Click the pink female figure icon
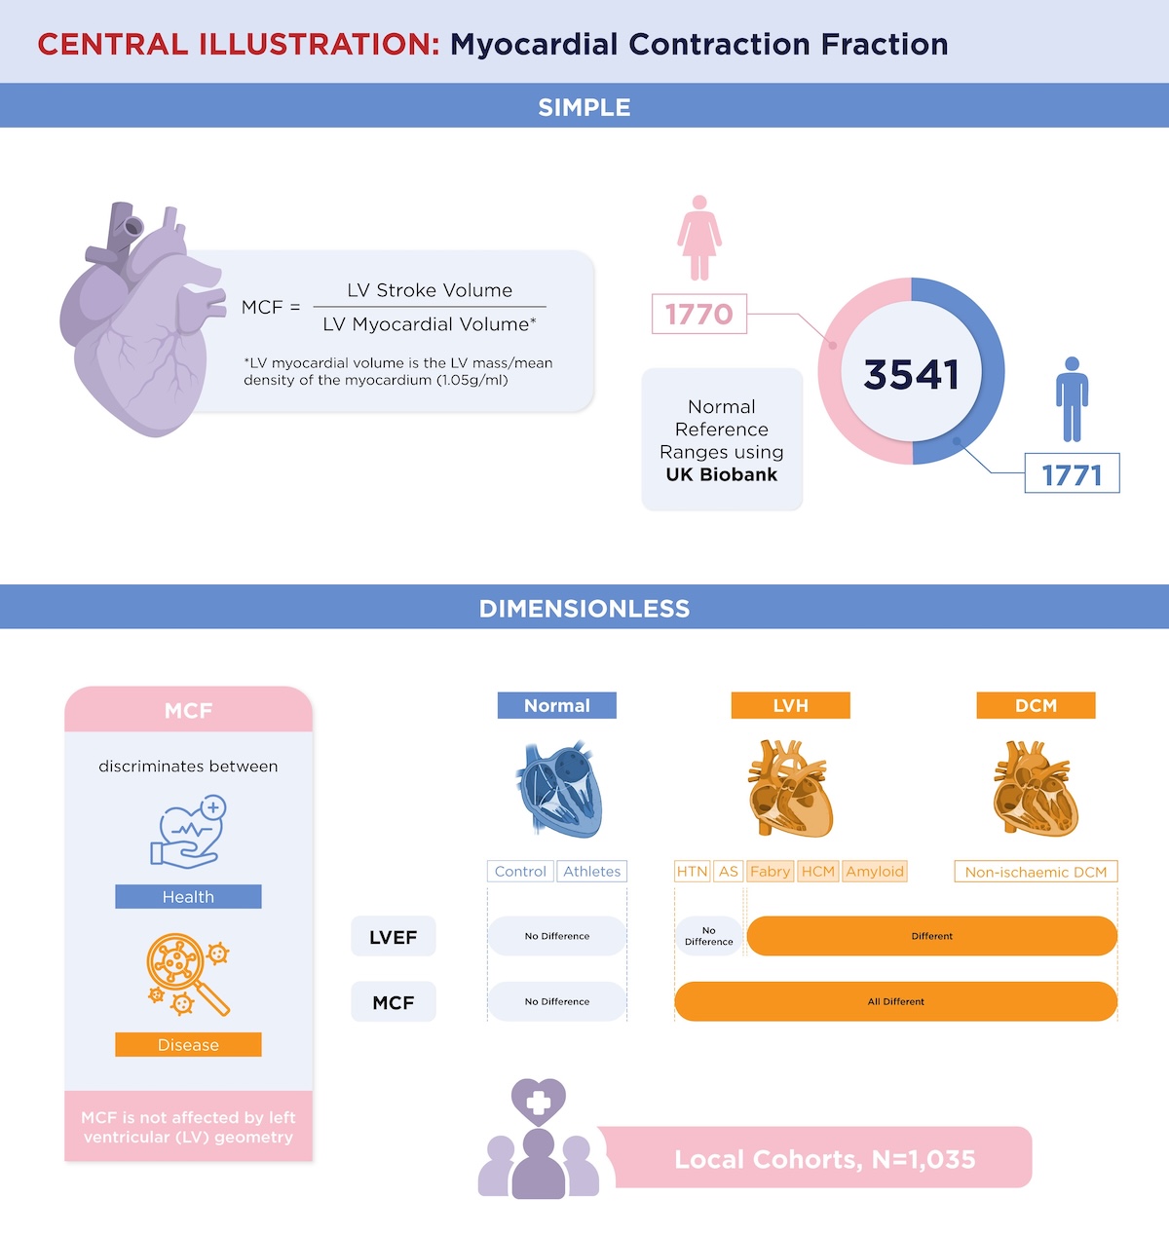pos(698,238)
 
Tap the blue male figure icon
pos(1072,399)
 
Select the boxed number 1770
pos(698,314)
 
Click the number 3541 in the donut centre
pos(911,374)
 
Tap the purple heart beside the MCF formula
pos(142,319)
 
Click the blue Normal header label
pos(557,705)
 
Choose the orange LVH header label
pos(790,705)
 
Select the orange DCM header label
pos(1036,705)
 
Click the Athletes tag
pos(591,872)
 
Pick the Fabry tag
pos(770,872)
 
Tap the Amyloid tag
pos(874,872)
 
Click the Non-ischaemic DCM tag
pos(1036,872)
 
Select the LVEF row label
pos(394,937)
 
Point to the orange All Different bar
pos(895,1001)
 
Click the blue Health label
pos(188,896)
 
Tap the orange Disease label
pos(188,1045)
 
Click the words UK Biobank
pos(722,474)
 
